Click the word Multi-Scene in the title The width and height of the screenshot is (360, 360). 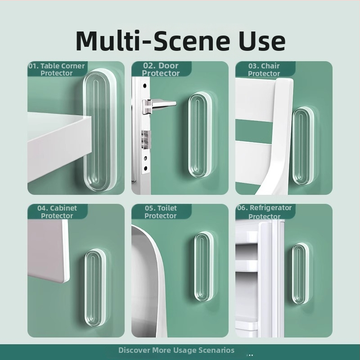click(153, 40)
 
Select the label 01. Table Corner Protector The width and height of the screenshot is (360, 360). click(57, 69)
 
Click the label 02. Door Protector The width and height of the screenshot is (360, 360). click(161, 69)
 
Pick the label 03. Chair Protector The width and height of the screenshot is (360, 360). click(264, 70)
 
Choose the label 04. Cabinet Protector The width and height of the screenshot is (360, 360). click(57, 212)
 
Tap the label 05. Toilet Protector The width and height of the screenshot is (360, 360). click(161, 212)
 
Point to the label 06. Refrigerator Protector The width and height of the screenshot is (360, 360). click(264, 212)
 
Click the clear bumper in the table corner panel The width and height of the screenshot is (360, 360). click(100, 130)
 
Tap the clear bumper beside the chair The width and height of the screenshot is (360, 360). click(303, 146)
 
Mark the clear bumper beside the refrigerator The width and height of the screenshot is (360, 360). click(300, 274)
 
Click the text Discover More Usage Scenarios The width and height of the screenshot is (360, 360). click(176, 350)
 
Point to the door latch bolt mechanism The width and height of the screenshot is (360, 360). click(146, 139)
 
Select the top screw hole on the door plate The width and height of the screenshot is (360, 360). click(144, 86)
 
